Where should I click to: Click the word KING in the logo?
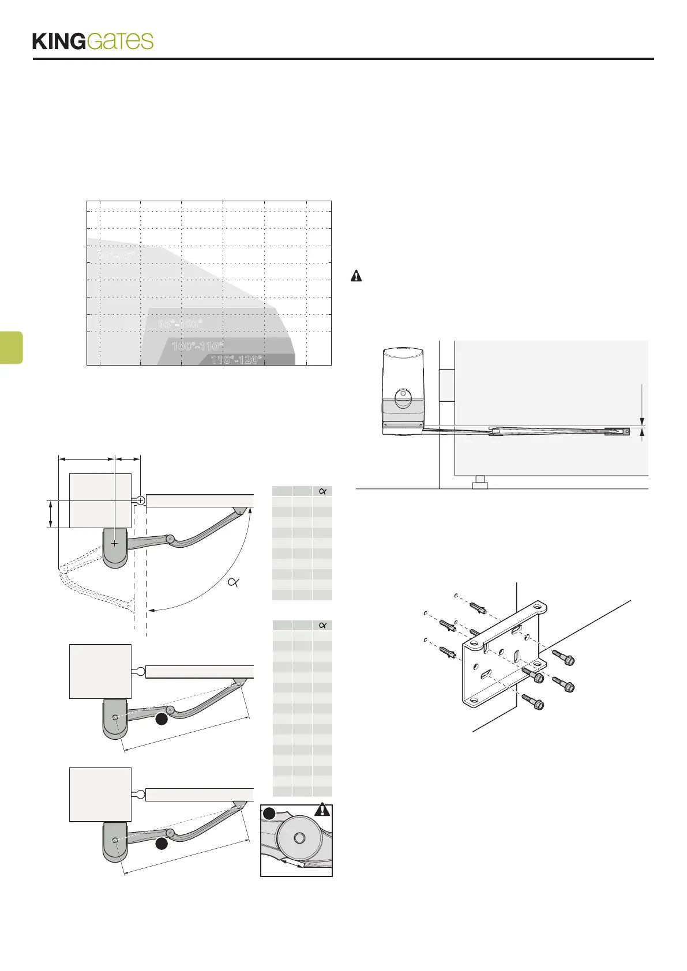tap(59, 42)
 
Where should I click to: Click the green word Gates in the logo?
tap(120, 42)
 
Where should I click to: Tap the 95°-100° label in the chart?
tap(180, 323)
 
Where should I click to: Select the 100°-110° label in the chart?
tap(197, 346)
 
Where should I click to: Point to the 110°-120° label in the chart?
tap(236, 360)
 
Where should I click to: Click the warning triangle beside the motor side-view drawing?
tap(356, 276)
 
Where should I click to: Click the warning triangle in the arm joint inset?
tap(322, 810)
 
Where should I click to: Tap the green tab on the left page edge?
tap(11, 347)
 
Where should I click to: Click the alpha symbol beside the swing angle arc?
tap(234, 582)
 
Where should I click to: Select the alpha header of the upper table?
tap(322, 491)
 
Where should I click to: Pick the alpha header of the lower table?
tap(322, 626)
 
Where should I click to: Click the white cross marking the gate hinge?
tap(140, 500)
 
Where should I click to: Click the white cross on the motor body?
tap(115, 543)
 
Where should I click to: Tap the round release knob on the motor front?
tap(403, 397)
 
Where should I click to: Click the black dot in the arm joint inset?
tap(269, 814)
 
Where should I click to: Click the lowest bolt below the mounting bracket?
tap(533, 703)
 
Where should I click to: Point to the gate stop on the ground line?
tap(480, 482)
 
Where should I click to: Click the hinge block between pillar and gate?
tap(447, 385)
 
